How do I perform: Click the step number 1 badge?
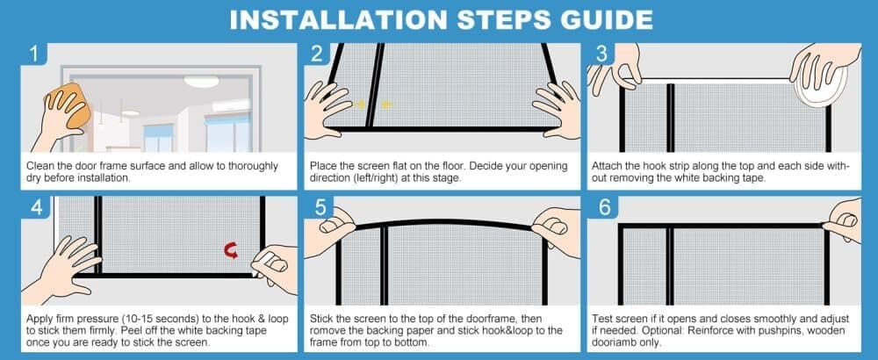pyautogui.click(x=34, y=54)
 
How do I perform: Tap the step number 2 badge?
pyautogui.click(x=317, y=54)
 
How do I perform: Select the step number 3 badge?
pyautogui.click(x=601, y=54)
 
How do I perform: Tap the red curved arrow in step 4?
pyautogui.click(x=231, y=250)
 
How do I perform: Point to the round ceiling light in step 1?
pyautogui.click(x=202, y=82)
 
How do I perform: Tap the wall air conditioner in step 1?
pyautogui.click(x=230, y=104)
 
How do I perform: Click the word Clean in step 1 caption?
pyautogui.click(x=39, y=166)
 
